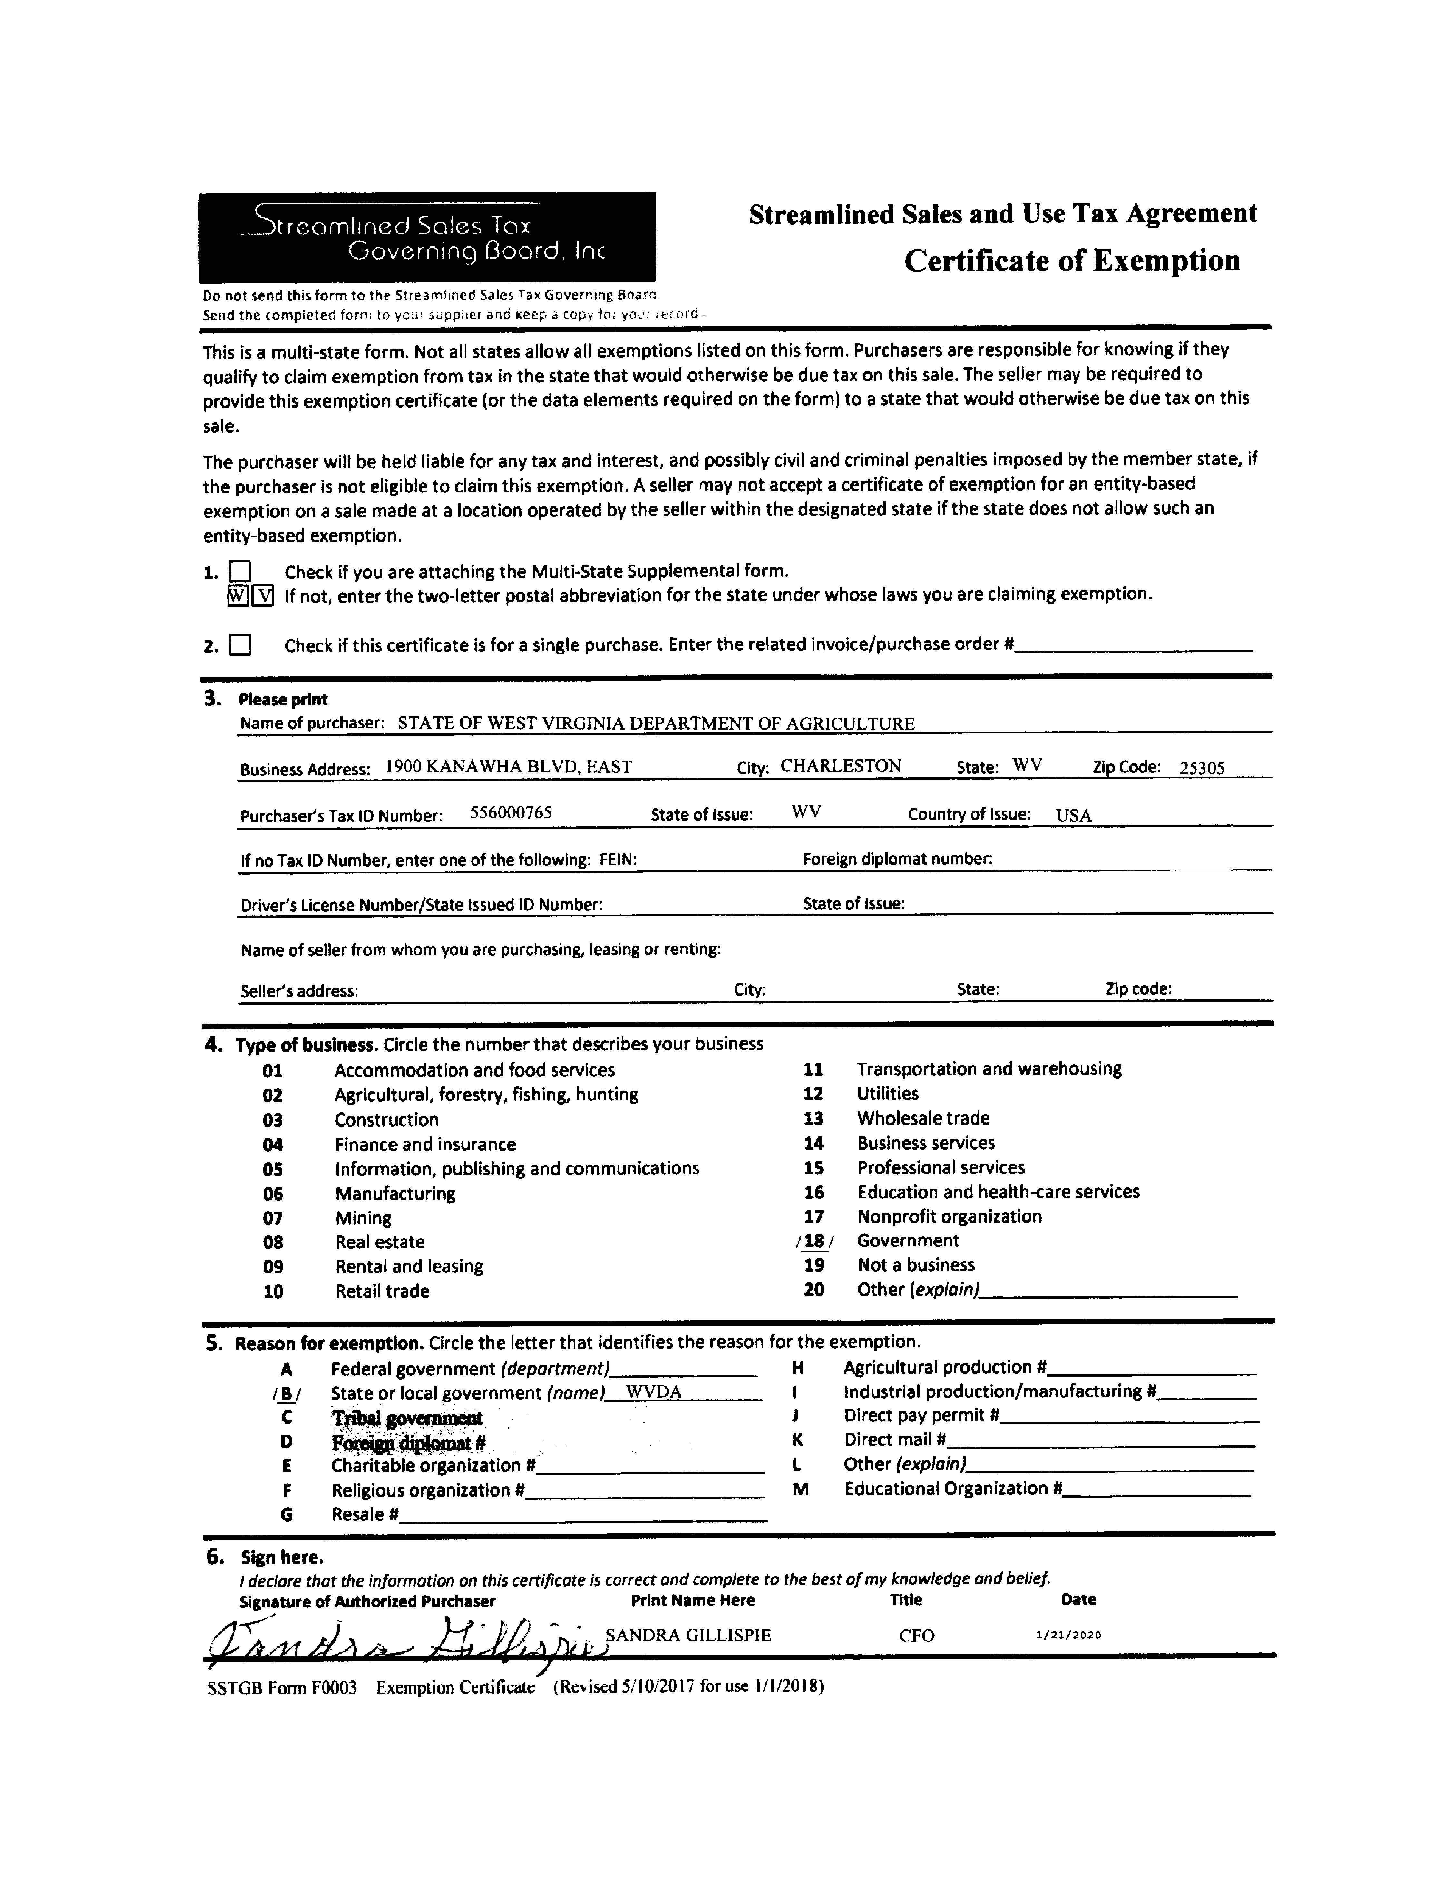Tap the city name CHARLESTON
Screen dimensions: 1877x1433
840,765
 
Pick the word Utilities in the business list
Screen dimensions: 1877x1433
888,1094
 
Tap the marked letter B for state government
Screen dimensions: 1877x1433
287,1393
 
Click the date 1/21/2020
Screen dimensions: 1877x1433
1068,1635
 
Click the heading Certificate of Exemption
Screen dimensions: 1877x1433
1072,260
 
